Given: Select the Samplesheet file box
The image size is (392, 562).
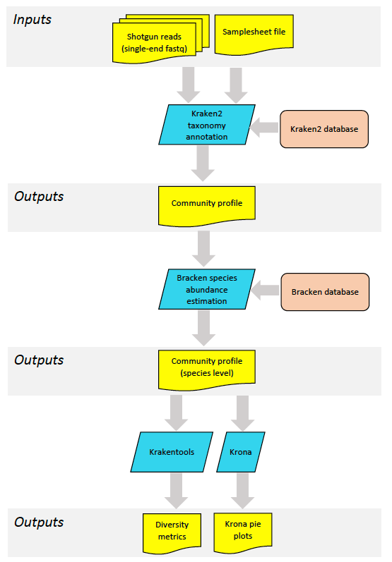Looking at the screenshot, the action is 254,35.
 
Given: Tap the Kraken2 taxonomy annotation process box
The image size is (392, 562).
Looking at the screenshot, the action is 207,125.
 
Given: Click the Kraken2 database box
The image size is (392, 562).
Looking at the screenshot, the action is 324,129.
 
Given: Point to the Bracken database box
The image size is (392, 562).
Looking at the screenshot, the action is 325,292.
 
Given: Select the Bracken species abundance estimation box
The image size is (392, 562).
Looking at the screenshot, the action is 207,289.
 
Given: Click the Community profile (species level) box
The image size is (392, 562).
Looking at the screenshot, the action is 207,370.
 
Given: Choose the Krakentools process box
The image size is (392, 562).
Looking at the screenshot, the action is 172,452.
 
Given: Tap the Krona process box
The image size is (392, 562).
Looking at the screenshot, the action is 241,452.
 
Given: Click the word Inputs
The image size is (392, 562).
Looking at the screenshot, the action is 32,20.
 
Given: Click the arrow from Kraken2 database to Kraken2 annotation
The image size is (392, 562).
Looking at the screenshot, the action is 264,127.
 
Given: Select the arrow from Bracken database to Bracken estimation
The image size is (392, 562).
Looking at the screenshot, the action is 265,290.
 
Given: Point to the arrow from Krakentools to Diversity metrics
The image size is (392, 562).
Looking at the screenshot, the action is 176,491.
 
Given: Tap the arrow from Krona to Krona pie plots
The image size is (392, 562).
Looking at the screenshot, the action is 243,491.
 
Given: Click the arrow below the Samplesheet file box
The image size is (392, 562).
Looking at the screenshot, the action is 236,85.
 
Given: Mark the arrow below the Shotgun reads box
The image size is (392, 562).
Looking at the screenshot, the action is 189,85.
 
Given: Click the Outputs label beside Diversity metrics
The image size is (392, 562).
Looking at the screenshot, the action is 39,523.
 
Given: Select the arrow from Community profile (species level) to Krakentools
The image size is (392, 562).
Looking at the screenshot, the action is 177,413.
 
